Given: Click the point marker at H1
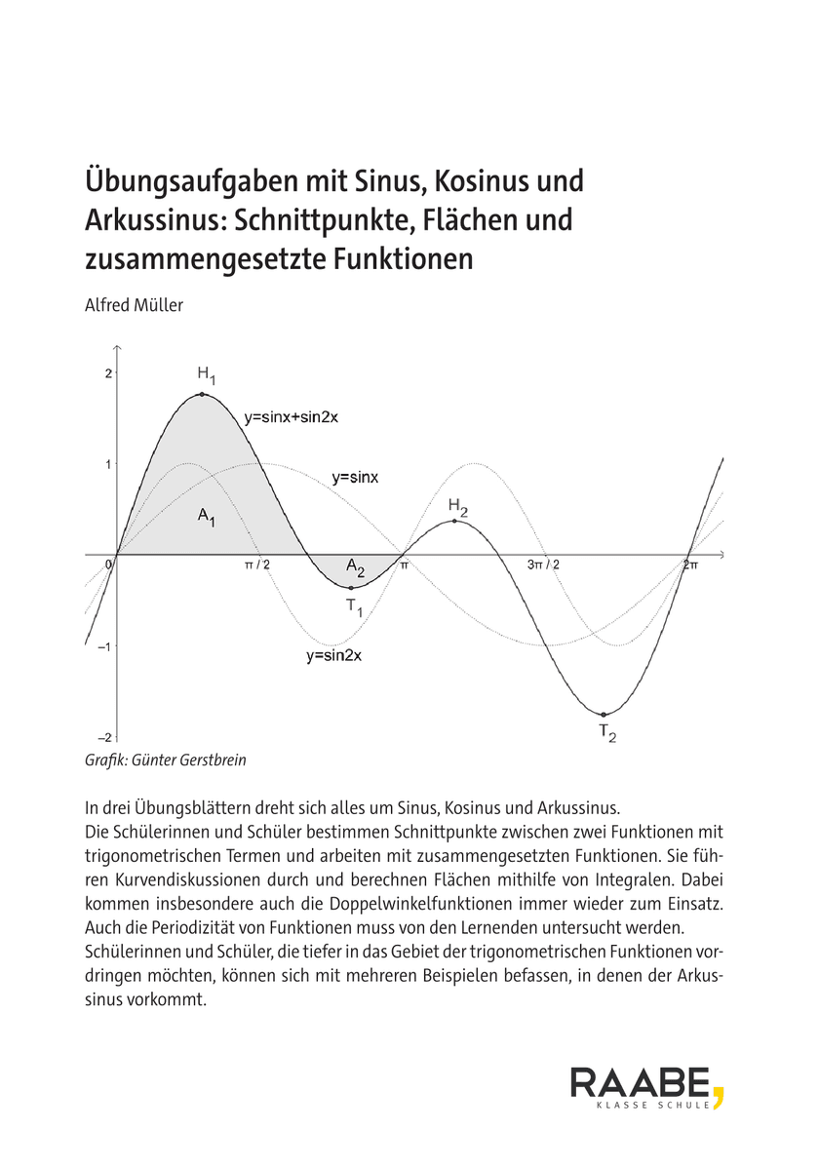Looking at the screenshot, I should [x=202, y=394].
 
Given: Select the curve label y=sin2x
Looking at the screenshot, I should [x=333, y=656].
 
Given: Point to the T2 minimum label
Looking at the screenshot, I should [x=606, y=733].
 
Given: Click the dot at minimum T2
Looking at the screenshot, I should [x=604, y=715].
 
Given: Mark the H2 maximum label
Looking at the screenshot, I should [x=458, y=506].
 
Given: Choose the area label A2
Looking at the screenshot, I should [x=355, y=567].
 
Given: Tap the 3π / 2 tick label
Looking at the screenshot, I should [x=544, y=565].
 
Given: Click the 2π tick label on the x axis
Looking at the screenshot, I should [x=689, y=565].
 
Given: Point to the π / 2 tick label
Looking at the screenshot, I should [x=257, y=565].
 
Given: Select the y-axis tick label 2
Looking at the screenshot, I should [x=108, y=373].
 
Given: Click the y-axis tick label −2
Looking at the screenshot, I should [x=105, y=737].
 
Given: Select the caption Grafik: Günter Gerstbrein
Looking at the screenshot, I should [x=166, y=760].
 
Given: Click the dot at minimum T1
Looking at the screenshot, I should [x=351, y=588].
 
